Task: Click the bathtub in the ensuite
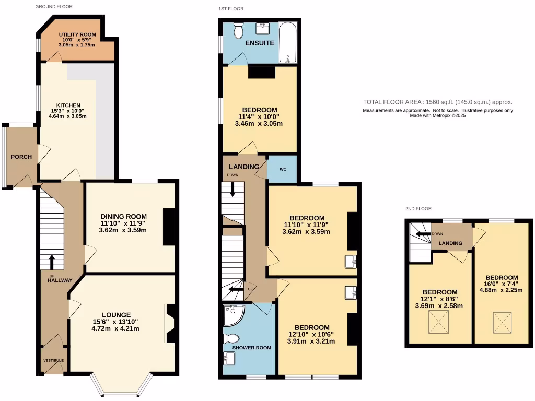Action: pos(288,42)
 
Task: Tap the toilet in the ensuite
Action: pos(238,30)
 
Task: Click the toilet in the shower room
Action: pos(231,338)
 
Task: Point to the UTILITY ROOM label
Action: pos(77,34)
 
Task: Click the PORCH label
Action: pos(21,157)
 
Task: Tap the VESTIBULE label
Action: pos(53,360)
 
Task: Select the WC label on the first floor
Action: pos(283,169)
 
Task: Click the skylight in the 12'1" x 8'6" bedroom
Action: pos(439,321)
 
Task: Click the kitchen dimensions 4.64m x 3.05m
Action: pos(67,116)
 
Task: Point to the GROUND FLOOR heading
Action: pos(54,7)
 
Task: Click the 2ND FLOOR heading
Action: pos(418,208)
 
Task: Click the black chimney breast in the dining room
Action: pos(169,227)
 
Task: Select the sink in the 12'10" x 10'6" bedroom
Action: pos(351,293)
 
